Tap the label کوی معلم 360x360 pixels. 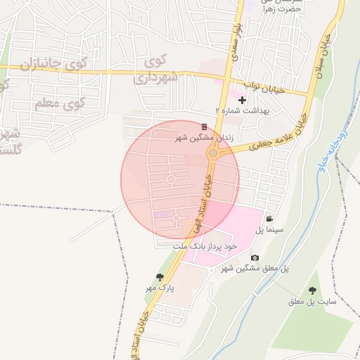pyautogui.click(x=59, y=104)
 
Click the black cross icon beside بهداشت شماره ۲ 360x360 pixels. pyautogui.click(x=243, y=101)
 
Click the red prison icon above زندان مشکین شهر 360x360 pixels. pyautogui.click(x=204, y=127)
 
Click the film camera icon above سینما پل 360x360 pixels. pyautogui.click(x=269, y=219)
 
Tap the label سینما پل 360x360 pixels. pyautogui.click(x=269, y=230)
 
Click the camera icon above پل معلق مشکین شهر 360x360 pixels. pyautogui.click(x=255, y=258)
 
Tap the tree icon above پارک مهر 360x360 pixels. pyautogui.click(x=160, y=277)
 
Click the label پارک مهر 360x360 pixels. pyautogui.click(x=160, y=288)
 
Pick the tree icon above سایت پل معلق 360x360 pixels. pyautogui.click(x=312, y=290)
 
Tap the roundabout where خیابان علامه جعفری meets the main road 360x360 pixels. pyautogui.click(x=212, y=153)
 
